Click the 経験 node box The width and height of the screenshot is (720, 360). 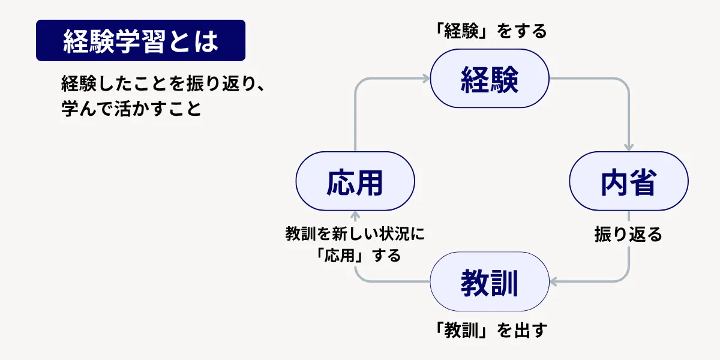click(x=490, y=79)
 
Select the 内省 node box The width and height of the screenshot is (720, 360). click(x=628, y=181)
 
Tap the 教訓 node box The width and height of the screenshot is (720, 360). click(x=490, y=281)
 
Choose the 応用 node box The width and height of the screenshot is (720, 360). click(x=355, y=181)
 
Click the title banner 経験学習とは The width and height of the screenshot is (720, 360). click(x=140, y=41)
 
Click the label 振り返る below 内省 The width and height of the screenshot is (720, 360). click(x=628, y=234)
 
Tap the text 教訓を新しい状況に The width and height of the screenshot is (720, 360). click(x=355, y=234)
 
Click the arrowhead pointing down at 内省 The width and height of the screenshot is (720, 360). click(x=629, y=148)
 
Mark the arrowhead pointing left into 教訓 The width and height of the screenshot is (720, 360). click(x=553, y=281)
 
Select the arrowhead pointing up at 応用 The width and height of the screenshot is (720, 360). click(x=355, y=215)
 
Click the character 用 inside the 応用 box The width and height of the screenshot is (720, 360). click(x=370, y=181)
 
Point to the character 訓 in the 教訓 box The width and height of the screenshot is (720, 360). click(x=505, y=281)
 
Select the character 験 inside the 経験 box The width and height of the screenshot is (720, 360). click(x=505, y=79)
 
